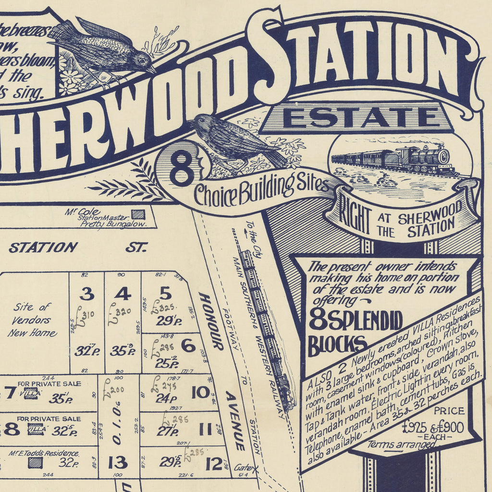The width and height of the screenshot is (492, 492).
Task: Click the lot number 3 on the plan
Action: coord(87,293)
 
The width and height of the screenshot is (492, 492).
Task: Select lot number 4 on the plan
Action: coord(123,293)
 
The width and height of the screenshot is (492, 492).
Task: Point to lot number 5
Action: coord(165,293)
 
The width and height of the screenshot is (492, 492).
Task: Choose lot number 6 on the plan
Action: coord(188,345)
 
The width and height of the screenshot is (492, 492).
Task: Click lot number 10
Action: coord(200,393)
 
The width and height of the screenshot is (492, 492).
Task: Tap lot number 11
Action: coord(205,429)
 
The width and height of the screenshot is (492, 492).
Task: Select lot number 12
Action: coord(213,464)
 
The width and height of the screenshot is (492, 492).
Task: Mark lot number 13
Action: coord(117,462)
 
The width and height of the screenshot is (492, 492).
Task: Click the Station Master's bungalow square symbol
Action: coord(138,214)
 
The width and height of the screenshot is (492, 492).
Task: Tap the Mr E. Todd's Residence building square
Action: coord(35,463)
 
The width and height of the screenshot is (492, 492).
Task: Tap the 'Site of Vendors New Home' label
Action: coord(32,320)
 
